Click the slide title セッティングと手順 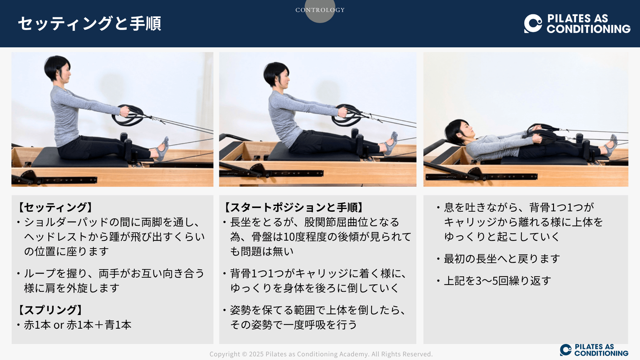[x=89, y=24]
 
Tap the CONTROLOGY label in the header [x=320, y=10]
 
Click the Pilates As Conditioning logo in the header [x=577, y=24]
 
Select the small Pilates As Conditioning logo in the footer [x=594, y=350]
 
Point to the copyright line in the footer [x=321, y=354]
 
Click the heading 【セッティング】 [x=55, y=207]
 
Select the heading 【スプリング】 [x=50, y=310]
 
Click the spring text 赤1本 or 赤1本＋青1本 [x=78, y=325]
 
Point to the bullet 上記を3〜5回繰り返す [x=497, y=281]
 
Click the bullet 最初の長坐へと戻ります [x=502, y=259]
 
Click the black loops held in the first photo [x=128, y=115]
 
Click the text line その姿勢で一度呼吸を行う [x=294, y=325]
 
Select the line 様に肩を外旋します [x=72, y=288]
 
